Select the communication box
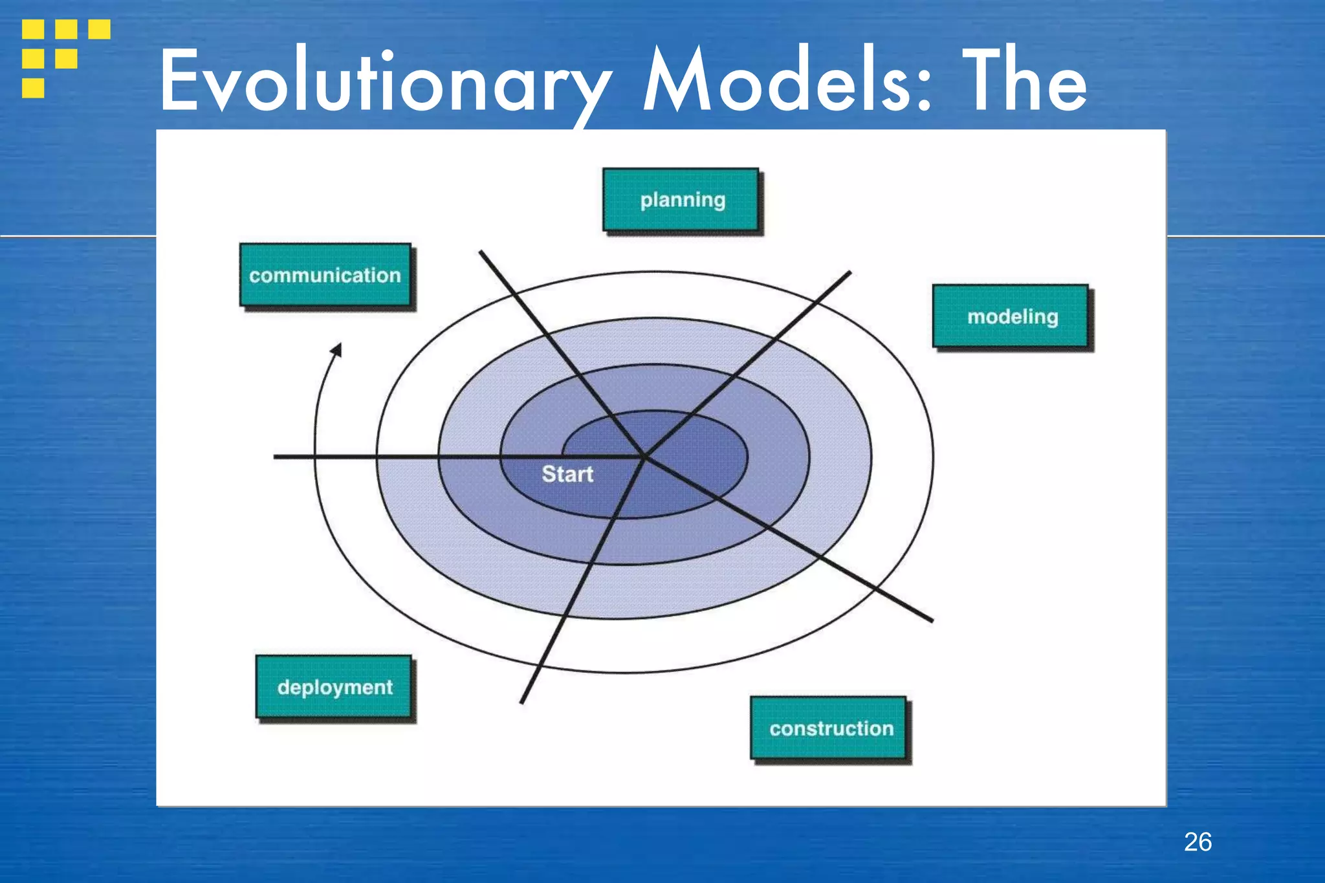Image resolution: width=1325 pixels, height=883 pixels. (325, 275)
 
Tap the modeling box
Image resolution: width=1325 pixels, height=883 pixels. (1012, 316)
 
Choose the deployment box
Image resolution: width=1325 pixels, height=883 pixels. (334, 687)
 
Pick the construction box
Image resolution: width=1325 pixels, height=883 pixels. (829, 728)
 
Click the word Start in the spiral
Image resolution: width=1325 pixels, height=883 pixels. (567, 474)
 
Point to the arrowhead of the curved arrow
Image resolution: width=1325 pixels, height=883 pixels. (337, 350)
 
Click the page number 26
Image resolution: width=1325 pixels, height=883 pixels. (1198, 842)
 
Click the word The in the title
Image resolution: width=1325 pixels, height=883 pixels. (1024, 81)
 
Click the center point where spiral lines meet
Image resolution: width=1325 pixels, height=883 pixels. (644, 457)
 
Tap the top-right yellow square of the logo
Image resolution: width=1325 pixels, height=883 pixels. (99, 29)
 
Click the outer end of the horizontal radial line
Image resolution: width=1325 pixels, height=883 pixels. (276, 457)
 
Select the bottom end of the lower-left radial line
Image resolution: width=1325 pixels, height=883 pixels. (521, 702)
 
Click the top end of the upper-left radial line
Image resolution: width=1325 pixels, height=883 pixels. (481, 252)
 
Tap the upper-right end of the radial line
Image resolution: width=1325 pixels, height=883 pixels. (849, 273)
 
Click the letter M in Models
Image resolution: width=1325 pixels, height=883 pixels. (677, 81)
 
